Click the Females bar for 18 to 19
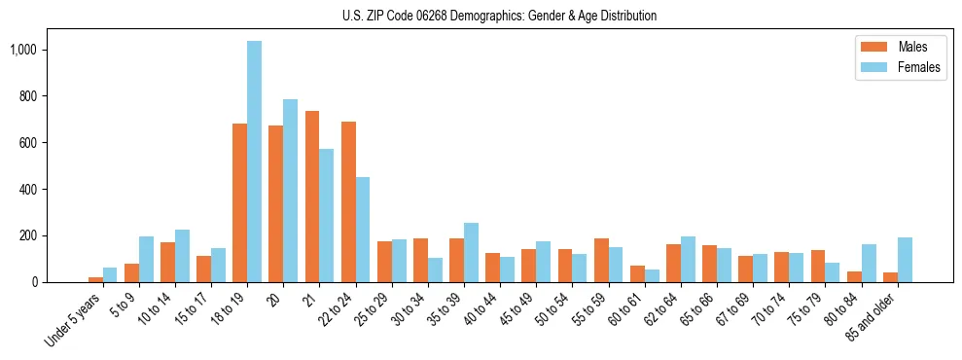point(255,162)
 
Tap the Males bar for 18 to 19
point(240,202)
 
